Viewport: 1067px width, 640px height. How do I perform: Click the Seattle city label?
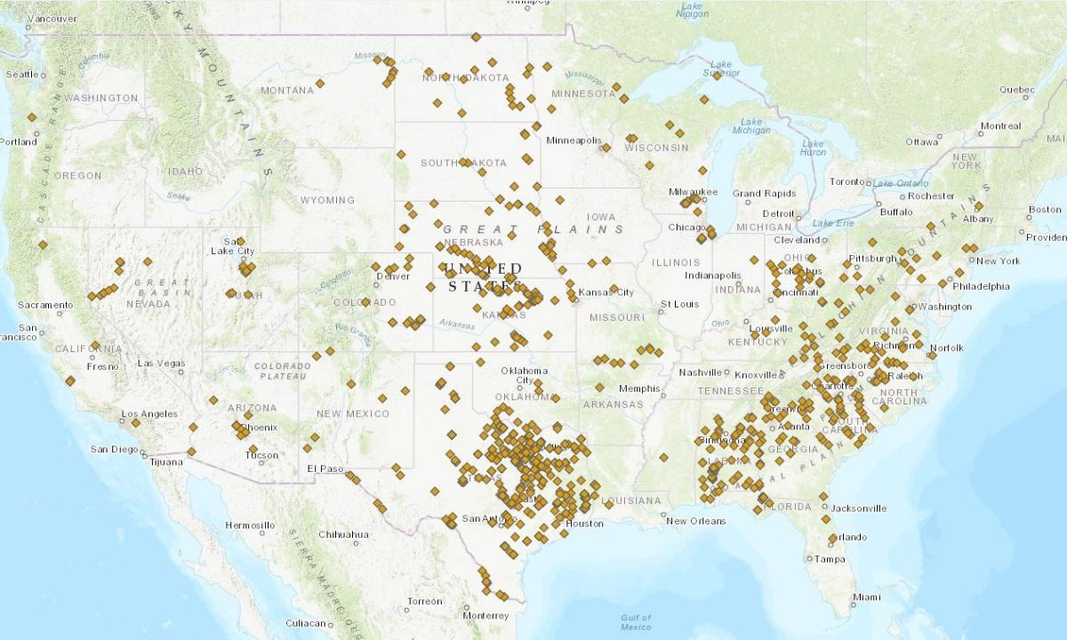tap(22, 75)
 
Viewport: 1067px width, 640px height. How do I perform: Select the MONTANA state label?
tap(286, 90)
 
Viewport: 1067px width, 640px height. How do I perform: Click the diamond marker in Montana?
tap(320, 84)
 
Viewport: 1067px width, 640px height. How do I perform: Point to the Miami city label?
tap(866, 597)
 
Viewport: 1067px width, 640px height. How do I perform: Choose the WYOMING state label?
tap(327, 200)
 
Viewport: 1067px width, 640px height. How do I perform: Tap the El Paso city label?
tap(325, 468)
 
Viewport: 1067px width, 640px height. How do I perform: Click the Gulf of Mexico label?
tap(636, 621)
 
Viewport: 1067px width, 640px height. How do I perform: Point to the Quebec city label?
tap(1016, 90)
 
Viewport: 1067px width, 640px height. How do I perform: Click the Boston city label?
tap(1044, 210)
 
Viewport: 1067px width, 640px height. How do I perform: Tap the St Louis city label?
tap(679, 304)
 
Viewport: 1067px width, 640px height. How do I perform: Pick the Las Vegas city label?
tap(161, 364)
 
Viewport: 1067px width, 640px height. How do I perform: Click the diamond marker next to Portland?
tap(32, 117)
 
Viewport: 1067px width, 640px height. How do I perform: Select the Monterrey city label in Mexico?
tap(485, 616)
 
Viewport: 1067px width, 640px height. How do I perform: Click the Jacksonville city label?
tap(859, 508)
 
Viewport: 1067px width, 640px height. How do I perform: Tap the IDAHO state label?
tap(185, 171)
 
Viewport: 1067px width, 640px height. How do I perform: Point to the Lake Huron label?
tap(813, 148)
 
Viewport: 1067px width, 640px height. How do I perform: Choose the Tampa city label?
tap(830, 559)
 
